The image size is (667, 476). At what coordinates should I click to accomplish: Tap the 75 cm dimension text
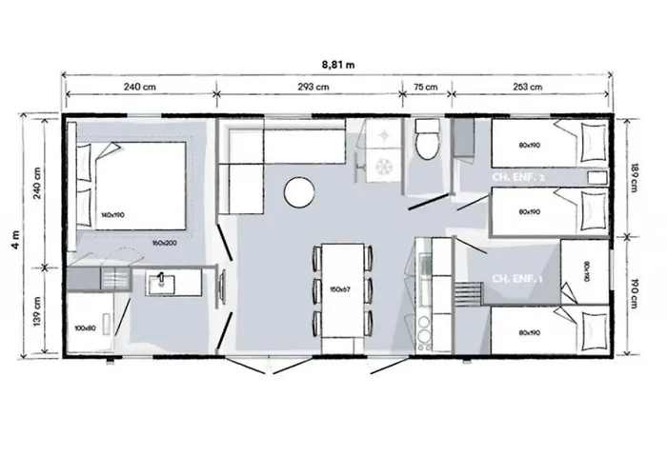click(425, 87)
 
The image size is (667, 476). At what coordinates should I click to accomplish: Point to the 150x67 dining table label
click(339, 288)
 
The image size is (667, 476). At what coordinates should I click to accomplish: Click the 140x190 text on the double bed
click(112, 215)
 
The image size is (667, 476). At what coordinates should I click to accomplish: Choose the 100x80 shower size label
click(86, 328)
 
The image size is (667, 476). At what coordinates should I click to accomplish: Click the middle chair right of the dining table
click(364, 288)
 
